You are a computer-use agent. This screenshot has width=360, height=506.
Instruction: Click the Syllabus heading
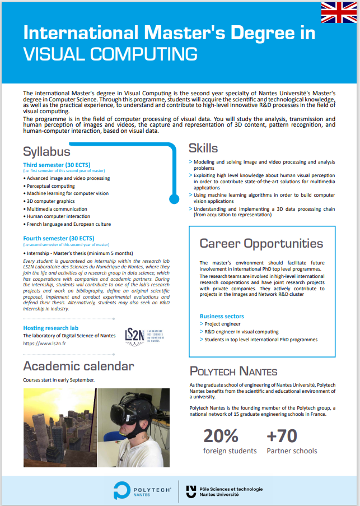46,151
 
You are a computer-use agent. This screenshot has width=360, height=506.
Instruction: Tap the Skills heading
203,148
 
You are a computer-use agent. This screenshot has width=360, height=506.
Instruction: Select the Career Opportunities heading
261,243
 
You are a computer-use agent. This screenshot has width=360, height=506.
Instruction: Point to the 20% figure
221,435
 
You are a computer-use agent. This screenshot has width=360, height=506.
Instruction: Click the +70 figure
282,435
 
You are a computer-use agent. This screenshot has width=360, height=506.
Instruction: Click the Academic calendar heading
78,366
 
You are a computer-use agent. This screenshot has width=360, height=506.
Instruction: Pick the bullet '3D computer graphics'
50,201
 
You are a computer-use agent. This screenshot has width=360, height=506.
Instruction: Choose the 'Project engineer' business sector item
222,324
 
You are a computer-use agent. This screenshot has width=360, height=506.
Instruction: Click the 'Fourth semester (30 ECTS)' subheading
58,238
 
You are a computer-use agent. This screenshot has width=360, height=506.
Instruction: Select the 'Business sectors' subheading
222,316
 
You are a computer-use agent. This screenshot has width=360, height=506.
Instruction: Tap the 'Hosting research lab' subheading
50,328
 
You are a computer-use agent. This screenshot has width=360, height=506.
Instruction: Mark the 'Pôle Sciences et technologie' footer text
231,489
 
